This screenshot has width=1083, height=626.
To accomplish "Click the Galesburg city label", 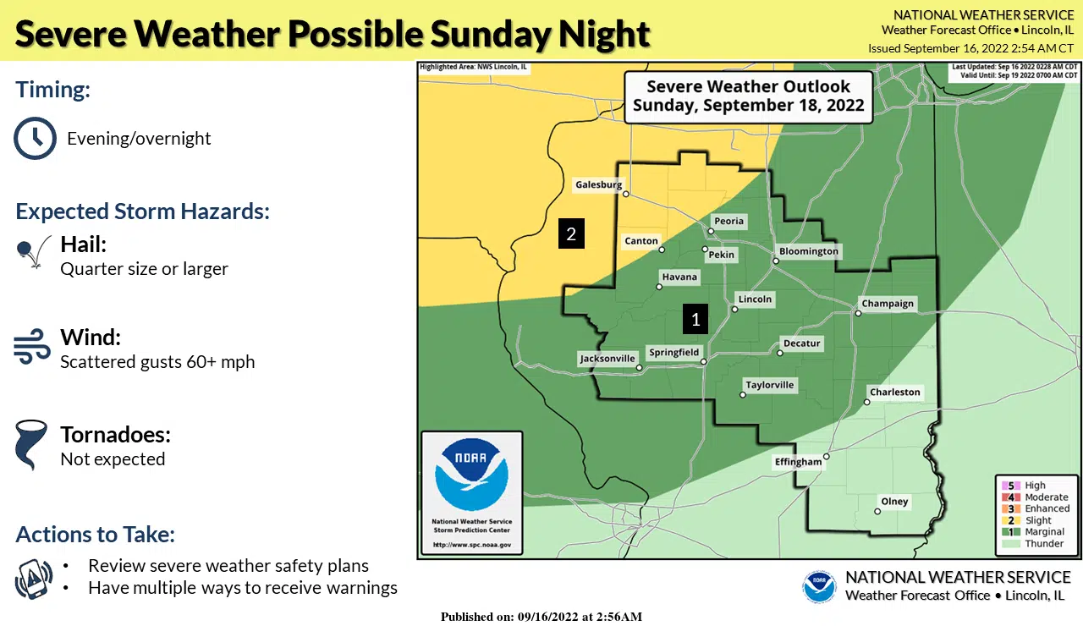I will click(598, 184).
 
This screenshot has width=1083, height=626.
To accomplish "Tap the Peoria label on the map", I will click(728, 221).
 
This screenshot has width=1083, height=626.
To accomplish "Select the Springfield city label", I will click(673, 353).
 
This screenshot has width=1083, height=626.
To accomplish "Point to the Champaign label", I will click(888, 304).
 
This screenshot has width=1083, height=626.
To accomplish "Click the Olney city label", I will click(894, 502).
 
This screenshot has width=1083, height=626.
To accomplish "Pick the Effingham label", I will click(798, 462).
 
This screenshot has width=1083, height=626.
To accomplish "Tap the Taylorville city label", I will click(769, 385).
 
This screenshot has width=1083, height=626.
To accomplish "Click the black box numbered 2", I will click(571, 234).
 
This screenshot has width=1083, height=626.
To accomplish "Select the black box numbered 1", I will click(695, 319).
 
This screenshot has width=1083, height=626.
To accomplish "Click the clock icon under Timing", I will click(35, 138).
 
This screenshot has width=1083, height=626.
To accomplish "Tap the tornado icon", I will click(31, 446).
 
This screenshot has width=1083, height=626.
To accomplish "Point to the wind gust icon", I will click(32, 348).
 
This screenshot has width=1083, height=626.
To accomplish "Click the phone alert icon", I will click(34, 578).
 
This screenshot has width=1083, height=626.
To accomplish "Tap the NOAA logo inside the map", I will click(471, 475).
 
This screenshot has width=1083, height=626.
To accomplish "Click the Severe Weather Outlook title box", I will click(748, 96).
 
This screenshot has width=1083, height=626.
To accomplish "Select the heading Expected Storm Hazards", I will click(142, 211).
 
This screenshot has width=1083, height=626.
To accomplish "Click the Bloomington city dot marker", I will click(775, 261).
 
